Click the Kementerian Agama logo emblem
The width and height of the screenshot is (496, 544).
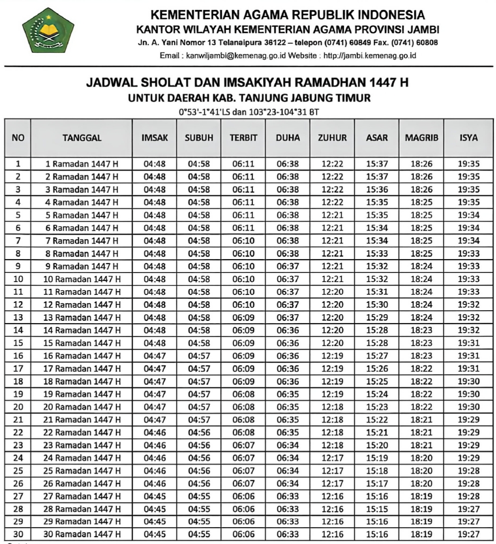pyautogui.click(x=48, y=30)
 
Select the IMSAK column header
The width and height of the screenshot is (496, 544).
pyautogui.click(x=155, y=138)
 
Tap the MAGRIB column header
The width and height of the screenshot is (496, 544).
pyautogui.click(x=421, y=138)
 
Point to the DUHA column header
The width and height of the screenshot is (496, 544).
pyautogui.click(x=288, y=138)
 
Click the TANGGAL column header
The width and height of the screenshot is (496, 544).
pyautogui.click(x=82, y=138)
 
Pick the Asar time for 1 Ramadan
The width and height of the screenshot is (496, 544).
pyautogui.click(x=376, y=164)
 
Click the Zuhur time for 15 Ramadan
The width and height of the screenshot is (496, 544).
pyautogui.click(x=332, y=343)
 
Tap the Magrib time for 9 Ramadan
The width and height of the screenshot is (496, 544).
pyautogui.click(x=421, y=266)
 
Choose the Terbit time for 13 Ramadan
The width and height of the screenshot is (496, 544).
pyautogui.click(x=243, y=317)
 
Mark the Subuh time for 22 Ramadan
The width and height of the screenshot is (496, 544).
pyautogui.click(x=199, y=432)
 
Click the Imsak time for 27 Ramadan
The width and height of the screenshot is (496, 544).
pyautogui.click(x=155, y=496)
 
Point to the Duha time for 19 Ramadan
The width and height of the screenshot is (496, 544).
pyautogui.click(x=288, y=394)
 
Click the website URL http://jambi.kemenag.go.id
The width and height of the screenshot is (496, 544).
pyautogui.click(x=370, y=56)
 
